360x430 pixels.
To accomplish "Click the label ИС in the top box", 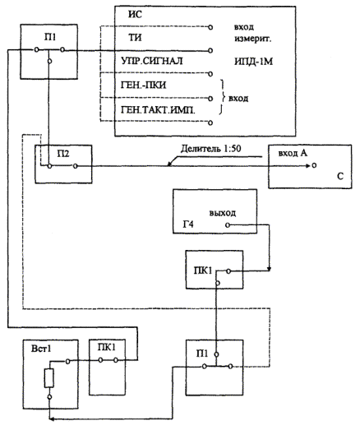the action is coord(135,14).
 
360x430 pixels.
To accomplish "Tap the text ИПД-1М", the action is coord(253,62).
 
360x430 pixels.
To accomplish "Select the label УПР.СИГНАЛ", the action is coord(151,61).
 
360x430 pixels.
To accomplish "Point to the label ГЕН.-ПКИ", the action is coord(143,85).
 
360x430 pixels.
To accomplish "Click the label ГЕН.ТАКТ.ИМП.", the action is coord(158,110).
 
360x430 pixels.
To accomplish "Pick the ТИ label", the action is coord(135,37).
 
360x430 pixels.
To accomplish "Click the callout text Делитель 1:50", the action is coord(211,149).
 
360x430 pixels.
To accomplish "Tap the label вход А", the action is coord(293,153).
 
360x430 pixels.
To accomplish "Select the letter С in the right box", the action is coord(340,176).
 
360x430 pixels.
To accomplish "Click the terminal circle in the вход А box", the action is coord(314,165).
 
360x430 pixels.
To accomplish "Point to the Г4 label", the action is coord(188,224).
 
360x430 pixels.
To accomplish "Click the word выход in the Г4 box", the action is coord(223,213).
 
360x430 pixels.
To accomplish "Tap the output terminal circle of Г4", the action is coord(228,225).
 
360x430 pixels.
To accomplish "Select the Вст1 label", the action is coord(41,349).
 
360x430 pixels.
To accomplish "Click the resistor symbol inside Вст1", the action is coord(49,378).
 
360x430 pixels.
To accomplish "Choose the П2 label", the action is coord(63,154).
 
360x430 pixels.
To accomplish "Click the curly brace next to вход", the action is coord(223,97).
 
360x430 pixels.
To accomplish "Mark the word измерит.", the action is coord(252,39).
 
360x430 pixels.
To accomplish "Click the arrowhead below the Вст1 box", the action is coord(52,418).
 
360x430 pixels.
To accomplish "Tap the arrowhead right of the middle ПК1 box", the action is coord(270,270).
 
